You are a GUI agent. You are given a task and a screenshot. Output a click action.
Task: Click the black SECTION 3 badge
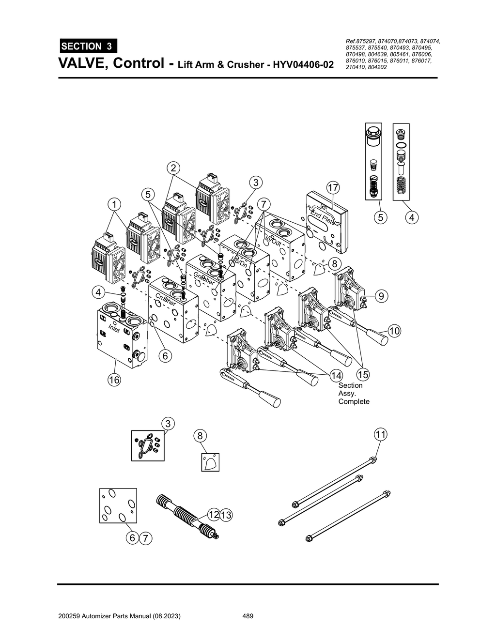coord(88,46)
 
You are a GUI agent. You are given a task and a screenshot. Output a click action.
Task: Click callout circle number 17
coord(333,187)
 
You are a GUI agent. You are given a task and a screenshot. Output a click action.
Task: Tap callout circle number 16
coord(114,380)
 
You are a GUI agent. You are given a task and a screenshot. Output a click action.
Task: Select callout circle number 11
coord(380,434)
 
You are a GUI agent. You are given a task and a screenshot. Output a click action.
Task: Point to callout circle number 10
coord(394,331)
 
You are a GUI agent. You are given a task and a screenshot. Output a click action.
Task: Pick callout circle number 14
coord(336,376)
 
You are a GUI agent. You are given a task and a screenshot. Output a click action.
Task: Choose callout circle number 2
coord(173,168)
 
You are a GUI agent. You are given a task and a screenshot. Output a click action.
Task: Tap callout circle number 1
coord(114,204)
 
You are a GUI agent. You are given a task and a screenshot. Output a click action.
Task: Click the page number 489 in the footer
coord(248,616)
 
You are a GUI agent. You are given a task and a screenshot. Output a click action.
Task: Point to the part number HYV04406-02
coord(304,64)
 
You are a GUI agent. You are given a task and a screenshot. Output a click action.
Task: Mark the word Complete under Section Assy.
coord(354,401)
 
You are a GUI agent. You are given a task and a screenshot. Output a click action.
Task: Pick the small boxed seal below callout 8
coord(210,462)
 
